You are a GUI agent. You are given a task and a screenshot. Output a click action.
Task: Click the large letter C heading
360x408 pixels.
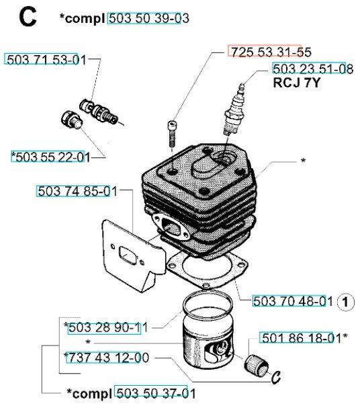tap(28, 17)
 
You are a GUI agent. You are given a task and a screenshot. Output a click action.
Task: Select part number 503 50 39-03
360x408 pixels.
tap(149, 18)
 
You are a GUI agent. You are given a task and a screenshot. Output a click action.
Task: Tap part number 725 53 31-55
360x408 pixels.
tap(271, 52)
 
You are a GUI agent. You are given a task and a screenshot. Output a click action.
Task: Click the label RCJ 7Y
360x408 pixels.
tap(296, 83)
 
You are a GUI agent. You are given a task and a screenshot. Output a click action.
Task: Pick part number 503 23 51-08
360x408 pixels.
tap(313, 69)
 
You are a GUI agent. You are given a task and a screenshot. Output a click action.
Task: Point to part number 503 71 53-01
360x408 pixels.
tap(46, 60)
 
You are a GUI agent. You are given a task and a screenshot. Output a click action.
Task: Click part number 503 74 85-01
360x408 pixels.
tap(77, 192)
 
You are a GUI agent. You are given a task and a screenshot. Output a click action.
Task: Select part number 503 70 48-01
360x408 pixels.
tap(293, 301)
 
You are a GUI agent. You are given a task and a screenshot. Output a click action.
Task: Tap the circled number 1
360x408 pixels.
tap(345, 302)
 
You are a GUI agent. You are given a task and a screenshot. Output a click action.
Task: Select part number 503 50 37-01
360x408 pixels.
tap(156, 393)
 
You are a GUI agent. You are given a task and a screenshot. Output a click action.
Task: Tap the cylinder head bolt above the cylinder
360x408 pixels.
tap(172, 134)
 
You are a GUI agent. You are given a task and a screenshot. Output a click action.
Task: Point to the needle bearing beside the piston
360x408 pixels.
tap(257, 366)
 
